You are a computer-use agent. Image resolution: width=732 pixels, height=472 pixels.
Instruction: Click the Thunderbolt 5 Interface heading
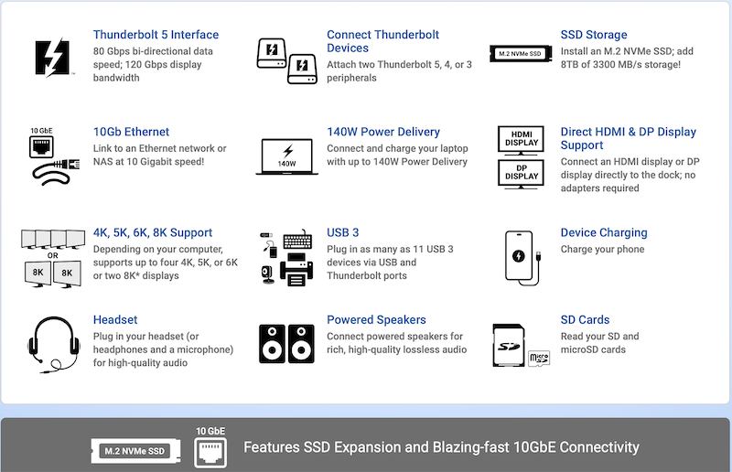click(x=156, y=35)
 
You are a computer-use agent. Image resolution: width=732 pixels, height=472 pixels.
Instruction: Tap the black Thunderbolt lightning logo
click(x=53, y=58)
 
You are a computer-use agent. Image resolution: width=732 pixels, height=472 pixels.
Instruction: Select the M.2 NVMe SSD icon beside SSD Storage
click(x=521, y=54)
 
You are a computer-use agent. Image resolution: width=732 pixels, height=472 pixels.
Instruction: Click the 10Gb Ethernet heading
click(x=131, y=132)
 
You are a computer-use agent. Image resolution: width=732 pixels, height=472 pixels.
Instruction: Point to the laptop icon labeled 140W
click(x=286, y=156)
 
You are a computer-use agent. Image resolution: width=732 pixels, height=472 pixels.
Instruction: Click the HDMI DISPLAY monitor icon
click(x=521, y=140)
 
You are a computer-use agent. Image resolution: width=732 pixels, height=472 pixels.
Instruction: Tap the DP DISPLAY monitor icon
click(x=521, y=174)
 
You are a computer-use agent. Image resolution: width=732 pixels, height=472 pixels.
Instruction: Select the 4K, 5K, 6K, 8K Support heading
click(x=153, y=232)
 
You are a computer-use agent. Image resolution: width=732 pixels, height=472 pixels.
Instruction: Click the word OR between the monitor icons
click(x=53, y=256)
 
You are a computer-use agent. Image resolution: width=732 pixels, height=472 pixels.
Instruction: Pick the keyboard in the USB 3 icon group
click(x=298, y=240)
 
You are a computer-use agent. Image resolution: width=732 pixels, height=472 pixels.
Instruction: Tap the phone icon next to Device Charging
click(x=519, y=255)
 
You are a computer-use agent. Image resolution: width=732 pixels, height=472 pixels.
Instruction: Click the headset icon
click(x=53, y=345)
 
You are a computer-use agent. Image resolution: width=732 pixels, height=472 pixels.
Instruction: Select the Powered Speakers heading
click(x=376, y=320)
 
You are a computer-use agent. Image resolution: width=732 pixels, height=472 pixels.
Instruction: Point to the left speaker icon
click(x=272, y=344)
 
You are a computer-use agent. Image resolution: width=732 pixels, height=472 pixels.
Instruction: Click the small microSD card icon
click(x=539, y=359)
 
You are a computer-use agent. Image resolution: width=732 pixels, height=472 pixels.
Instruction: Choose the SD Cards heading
click(x=585, y=320)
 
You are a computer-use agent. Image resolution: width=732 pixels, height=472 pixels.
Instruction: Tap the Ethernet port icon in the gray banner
click(x=210, y=453)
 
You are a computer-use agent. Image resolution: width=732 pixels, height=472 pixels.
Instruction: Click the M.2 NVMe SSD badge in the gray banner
click(x=135, y=451)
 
